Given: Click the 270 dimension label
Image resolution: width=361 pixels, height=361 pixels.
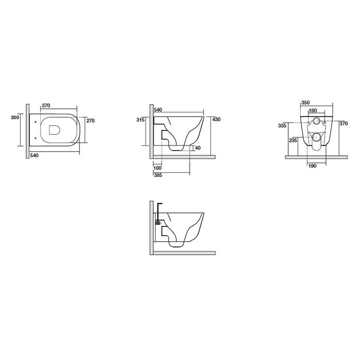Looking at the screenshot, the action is pyautogui.click(x=90, y=120).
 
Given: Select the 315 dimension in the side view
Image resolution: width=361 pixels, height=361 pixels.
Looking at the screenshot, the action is pyautogui.click(x=140, y=120).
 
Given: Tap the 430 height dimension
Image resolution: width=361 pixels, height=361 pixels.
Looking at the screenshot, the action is pyautogui.click(x=217, y=119).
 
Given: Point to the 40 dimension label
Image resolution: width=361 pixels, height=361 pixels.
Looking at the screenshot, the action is pyautogui.click(x=198, y=148).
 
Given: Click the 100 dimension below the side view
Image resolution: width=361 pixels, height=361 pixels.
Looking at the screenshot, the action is pyautogui.click(x=157, y=168).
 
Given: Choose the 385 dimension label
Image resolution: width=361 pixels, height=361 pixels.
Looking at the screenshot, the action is pyautogui.click(x=158, y=175).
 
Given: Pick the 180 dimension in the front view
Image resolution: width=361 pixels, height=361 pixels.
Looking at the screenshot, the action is pyautogui.click(x=313, y=110).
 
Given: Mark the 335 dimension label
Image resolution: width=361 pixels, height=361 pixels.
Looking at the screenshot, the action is pyautogui.click(x=282, y=125).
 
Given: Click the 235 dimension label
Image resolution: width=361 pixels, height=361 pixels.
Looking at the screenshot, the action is pyautogui.click(x=293, y=140).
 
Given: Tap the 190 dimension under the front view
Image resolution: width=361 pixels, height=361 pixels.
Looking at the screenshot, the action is pyautogui.click(x=312, y=166).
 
